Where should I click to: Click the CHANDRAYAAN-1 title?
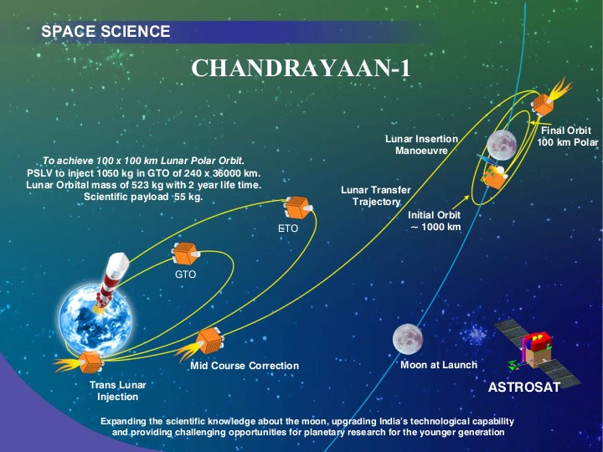301,67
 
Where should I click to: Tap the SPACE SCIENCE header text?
106,32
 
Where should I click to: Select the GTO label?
185,275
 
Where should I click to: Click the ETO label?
288,228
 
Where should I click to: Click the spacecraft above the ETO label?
296,207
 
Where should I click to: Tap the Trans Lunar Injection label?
117,391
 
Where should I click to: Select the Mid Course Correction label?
244,366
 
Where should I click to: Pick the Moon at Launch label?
438,365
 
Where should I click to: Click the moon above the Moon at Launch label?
407,338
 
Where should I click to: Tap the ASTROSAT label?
524,388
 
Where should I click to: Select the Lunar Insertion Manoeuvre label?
421,144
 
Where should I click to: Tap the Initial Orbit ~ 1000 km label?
434,221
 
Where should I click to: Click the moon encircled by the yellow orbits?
502,144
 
